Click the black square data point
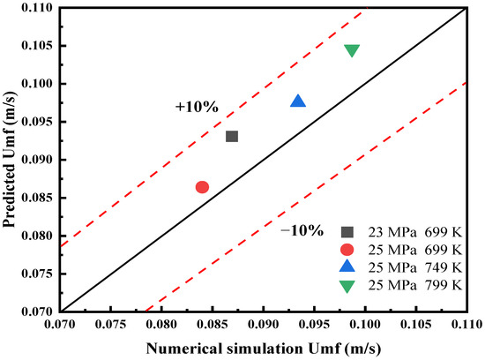[x=232, y=136]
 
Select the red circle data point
[x=202, y=187]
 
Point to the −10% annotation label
[x=301, y=230]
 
